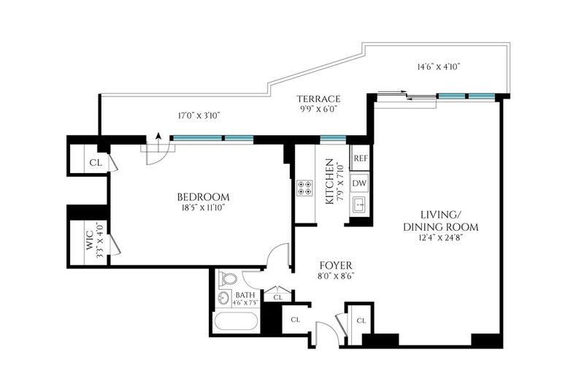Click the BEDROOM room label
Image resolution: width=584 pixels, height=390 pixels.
pyautogui.click(x=203, y=196)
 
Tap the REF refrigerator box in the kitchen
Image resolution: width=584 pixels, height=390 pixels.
pyautogui.click(x=360, y=158)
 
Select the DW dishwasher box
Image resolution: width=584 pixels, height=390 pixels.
pyautogui.click(x=359, y=183)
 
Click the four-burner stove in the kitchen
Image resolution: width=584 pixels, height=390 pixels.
pyautogui.click(x=304, y=188)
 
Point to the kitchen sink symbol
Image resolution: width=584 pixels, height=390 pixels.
pyautogui.click(x=360, y=204)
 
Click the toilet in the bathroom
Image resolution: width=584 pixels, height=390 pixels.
pyautogui.click(x=228, y=279)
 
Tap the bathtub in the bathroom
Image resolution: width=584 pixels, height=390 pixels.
pyautogui.click(x=236, y=321)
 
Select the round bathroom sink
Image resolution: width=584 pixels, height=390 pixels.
pyautogui.click(x=223, y=297)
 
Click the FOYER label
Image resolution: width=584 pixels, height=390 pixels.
pyautogui.click(x=336, y=266)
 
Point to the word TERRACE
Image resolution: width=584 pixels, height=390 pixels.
pyautogui.click(x=318, y=99)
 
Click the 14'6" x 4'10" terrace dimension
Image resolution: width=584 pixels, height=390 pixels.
pyautogui.click(x=439, y=66)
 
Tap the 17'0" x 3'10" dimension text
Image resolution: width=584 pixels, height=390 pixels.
pyautogui.click(x=199, y=115)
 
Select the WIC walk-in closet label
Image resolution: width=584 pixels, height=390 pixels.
pyautogui.click(x=90, y=240)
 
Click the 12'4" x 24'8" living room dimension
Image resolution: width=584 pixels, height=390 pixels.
pyautogui.click(x=441, y=237)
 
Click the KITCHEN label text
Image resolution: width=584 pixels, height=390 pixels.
pyautogui.click(x=330, y=181)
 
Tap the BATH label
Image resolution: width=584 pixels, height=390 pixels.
pyautogui.click(x=245, y=295)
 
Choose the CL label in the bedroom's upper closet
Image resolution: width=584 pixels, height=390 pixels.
pyautogui.click(x=96, y=163)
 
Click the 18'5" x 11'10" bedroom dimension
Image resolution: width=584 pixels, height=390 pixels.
pyautogui.click(x=203, y=207)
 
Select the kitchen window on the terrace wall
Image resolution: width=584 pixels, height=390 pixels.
pyautogui.click(x=334, y=139)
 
